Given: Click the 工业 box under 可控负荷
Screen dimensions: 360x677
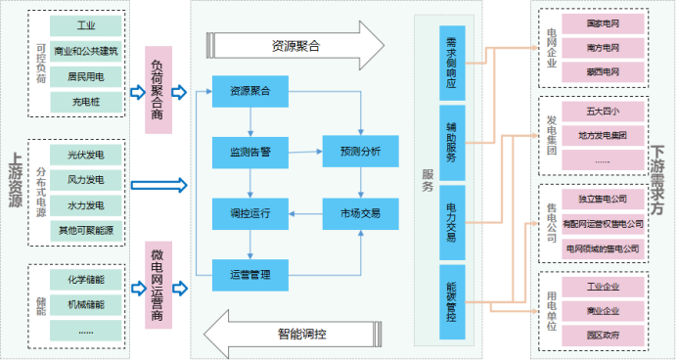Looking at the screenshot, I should point(86,24).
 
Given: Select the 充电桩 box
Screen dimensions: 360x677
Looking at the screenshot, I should point(86,100).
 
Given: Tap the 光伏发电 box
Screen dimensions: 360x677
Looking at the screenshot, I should point(86,155).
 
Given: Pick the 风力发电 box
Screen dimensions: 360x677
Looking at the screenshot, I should point(86,180).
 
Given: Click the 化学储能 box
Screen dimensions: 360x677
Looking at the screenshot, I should point(86,280).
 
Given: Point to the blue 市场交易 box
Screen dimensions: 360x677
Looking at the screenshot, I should point(360,212).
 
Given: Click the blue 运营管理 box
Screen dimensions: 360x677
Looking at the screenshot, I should point(250,273).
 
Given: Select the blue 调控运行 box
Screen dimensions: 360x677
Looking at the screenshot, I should point(250,212).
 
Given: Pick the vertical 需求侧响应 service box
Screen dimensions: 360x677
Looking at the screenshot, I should point(452,64).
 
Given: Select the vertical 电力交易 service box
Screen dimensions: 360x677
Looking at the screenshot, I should point(452,223).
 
